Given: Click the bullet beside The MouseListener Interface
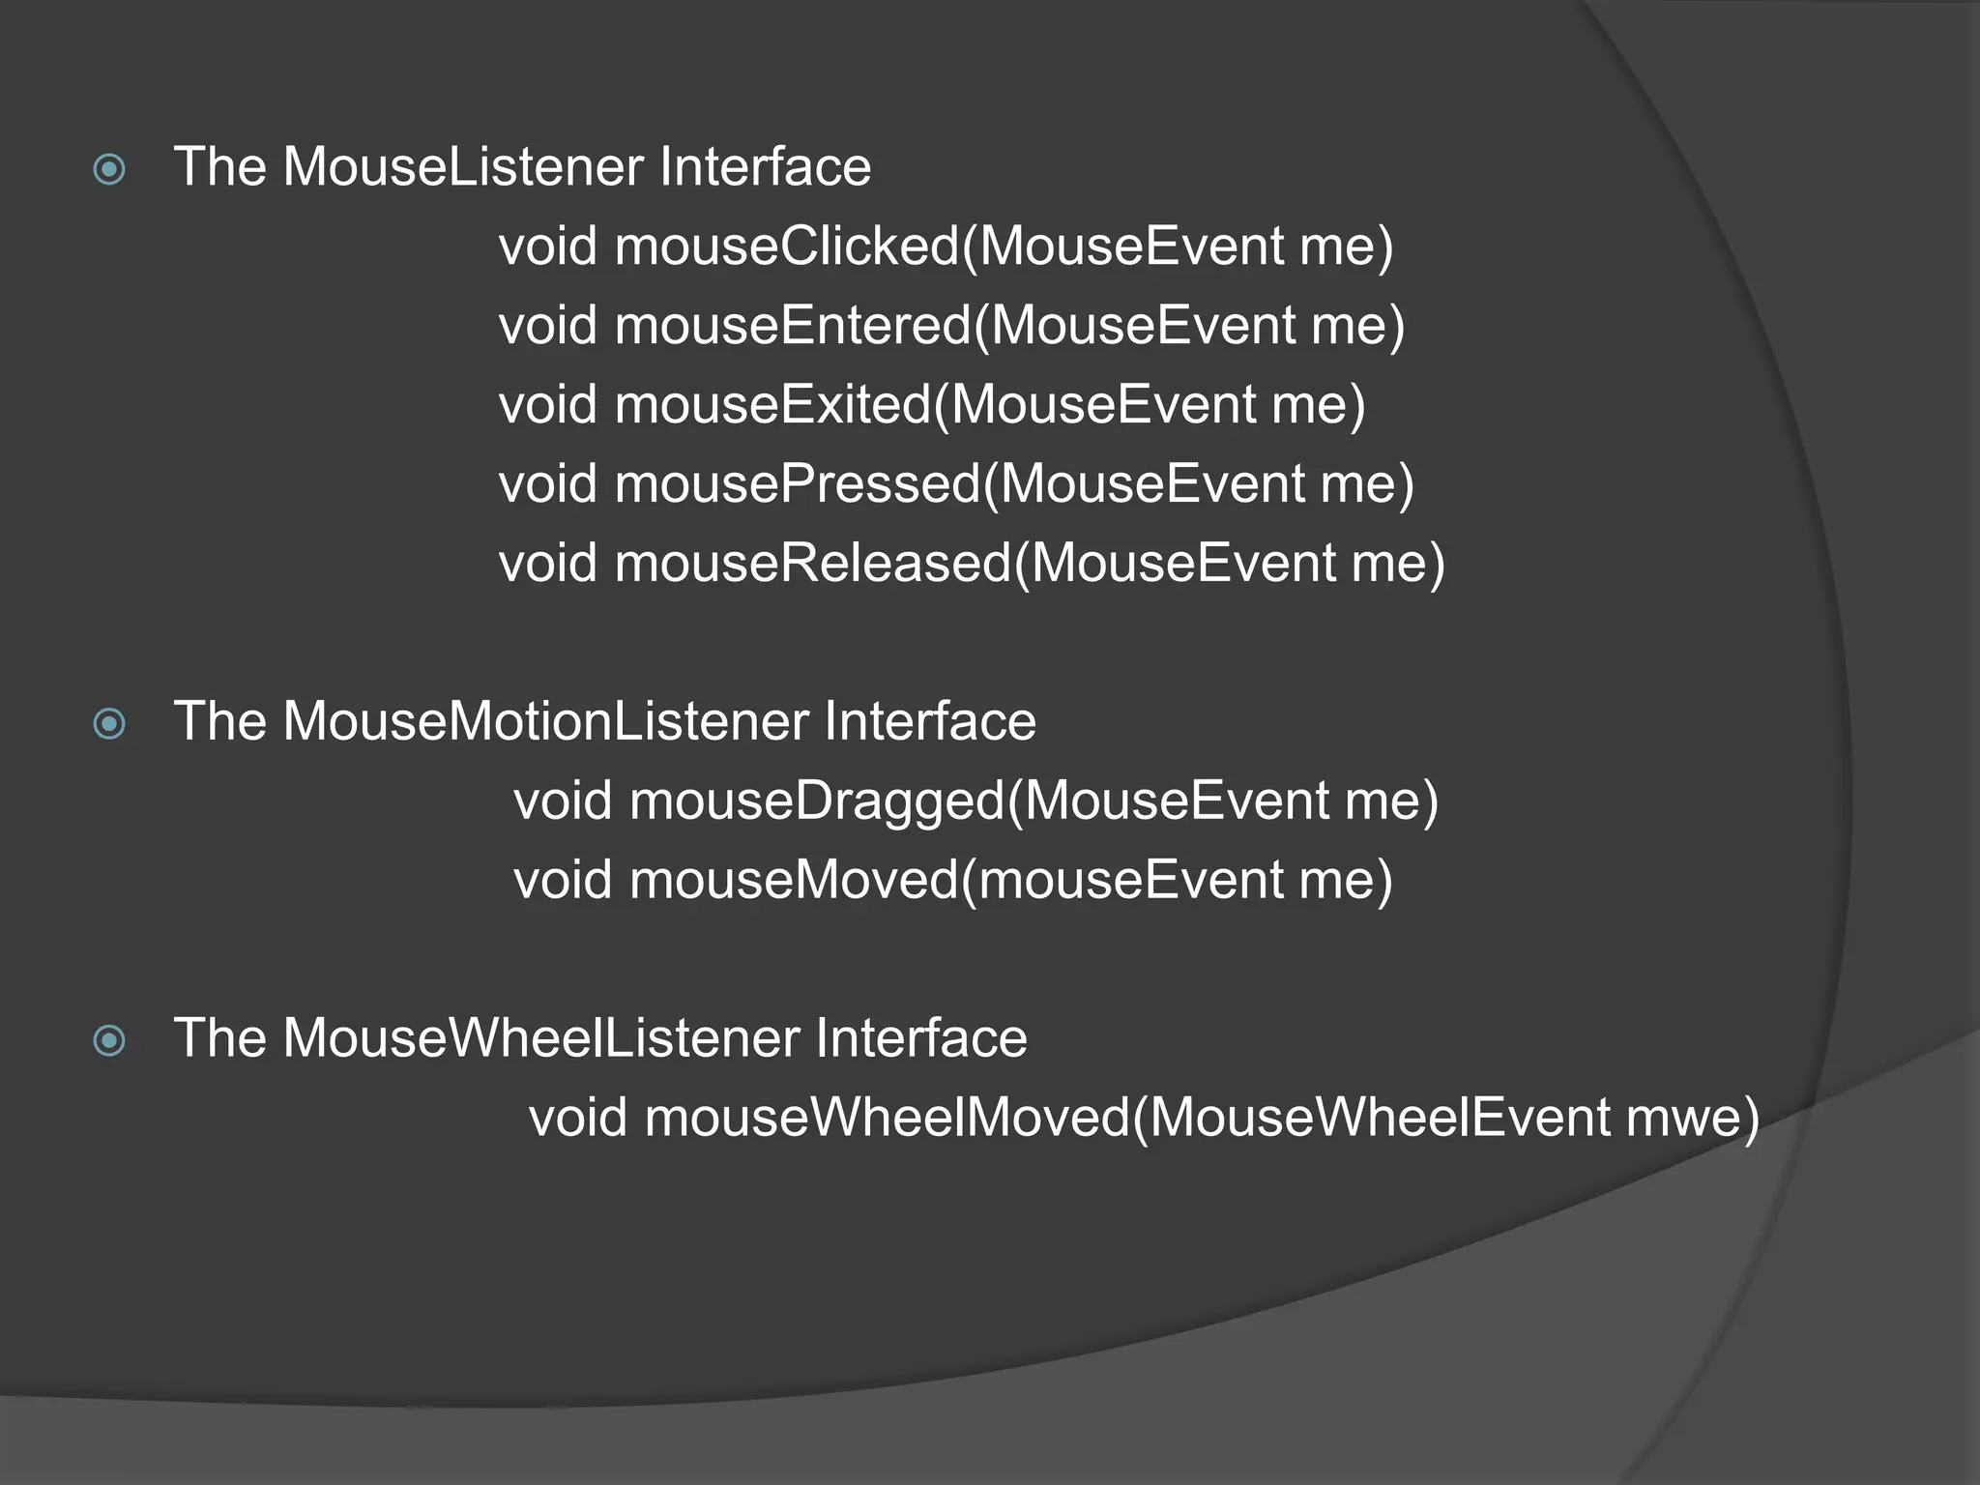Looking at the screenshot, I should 109,170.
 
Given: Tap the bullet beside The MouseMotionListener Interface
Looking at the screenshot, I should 109,724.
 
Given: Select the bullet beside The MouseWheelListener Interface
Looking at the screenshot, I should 109,1041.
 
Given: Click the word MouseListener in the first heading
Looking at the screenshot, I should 463,167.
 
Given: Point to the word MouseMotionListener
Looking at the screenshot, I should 545,722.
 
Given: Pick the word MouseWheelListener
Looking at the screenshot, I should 540,1039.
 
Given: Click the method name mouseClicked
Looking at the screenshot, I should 786,247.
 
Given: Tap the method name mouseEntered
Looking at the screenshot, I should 792,326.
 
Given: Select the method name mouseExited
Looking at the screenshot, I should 772,405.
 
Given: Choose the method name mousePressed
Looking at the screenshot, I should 797,484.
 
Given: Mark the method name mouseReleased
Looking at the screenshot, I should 812,564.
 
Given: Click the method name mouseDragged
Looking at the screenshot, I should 817,801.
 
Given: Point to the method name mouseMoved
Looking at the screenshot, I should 794,881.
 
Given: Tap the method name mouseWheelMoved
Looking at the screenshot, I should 887,1119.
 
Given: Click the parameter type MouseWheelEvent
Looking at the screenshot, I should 1379,1119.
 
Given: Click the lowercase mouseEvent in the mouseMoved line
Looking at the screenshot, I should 1130,881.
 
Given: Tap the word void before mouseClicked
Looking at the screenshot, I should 548,247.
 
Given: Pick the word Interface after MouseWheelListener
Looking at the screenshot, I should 920,1039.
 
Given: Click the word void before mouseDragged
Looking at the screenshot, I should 563,801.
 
